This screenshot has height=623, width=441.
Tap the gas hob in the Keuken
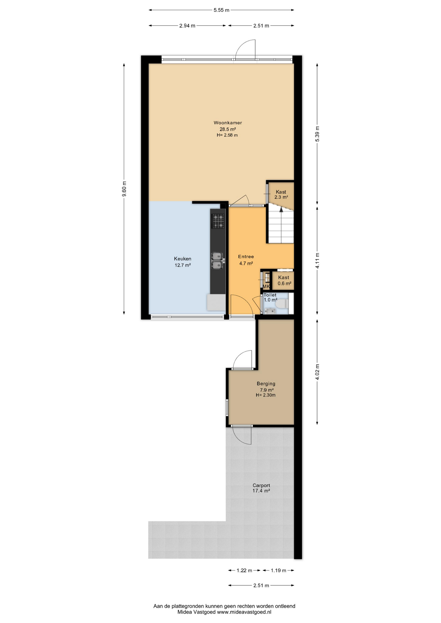(x=218, y=221)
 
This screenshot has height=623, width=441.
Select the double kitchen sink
(x=217, y=261)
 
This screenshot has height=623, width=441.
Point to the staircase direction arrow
(x=281, y=209)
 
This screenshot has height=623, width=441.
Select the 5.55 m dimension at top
(x=221, y=10)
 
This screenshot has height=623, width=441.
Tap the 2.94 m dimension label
(x=187, y=26)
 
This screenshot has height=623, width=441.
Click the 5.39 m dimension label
(x=317, y=133)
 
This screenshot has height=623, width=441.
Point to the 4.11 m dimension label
(x=317, y=261)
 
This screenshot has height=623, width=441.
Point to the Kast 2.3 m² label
(x=281, y=194)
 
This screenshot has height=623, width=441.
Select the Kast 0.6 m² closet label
(x=284, y=280)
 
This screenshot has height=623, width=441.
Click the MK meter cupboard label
(x=266, y=287)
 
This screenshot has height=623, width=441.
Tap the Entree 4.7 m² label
(x=246, y=260)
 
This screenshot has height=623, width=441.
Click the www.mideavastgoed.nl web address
(x=244, y=612)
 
